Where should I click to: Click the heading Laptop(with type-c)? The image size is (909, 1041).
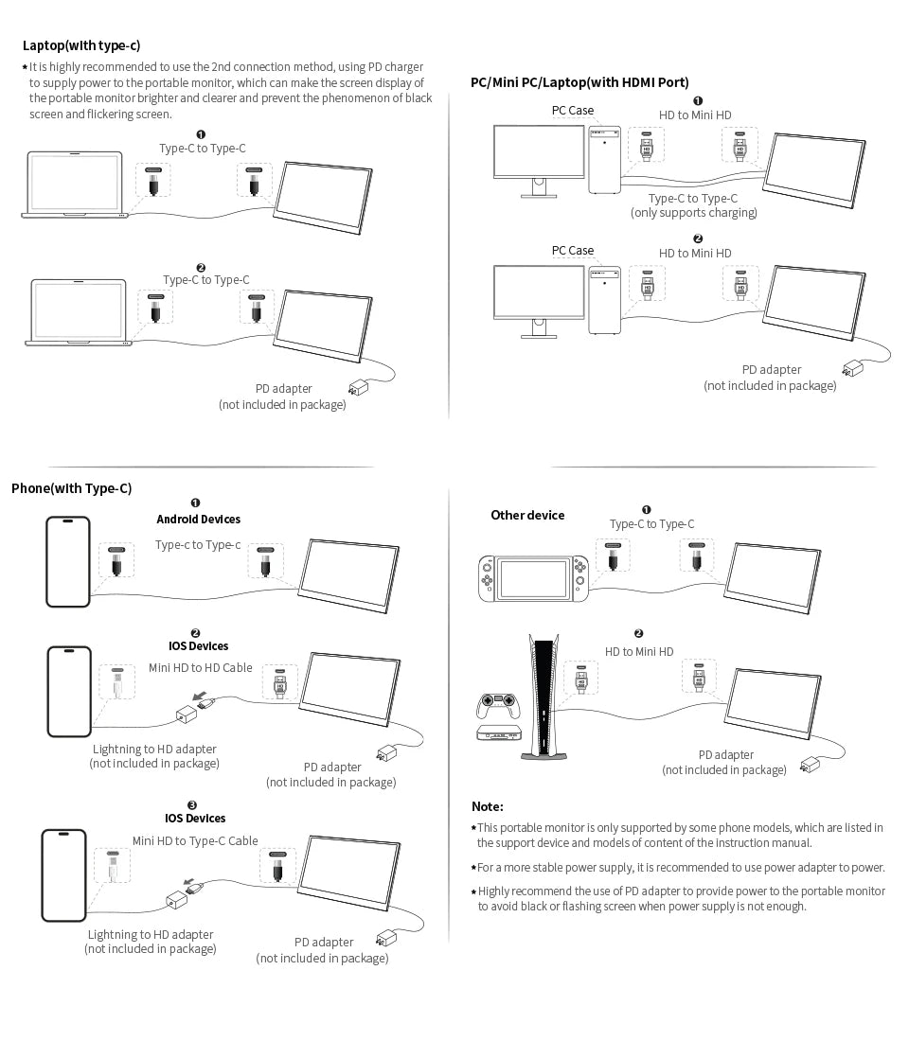tap(81, 45)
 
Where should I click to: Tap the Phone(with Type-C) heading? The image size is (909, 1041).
tap(71, 488)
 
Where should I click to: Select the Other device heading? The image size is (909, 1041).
tap(527, 515)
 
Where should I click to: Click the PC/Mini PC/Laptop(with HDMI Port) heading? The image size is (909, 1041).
tap(579, 82)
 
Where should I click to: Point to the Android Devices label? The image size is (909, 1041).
tap(198, 519)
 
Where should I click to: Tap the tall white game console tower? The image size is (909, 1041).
tap(544, 696)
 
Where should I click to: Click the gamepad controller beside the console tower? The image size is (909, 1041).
tap(497, 706)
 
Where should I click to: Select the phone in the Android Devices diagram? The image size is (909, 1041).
tap(68, 561)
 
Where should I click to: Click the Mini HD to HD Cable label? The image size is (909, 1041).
tap(200, 667)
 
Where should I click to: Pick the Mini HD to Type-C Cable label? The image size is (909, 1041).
tap(195, 840)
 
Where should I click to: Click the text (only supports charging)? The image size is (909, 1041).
tap(694, 213)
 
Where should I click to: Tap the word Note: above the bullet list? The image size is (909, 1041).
tap(488, 806)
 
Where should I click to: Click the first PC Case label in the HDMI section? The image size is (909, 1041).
tap(573, 111)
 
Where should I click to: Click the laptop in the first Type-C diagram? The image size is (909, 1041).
tap(75, 185)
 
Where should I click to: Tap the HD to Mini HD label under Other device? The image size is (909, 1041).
tap(639, 651)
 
